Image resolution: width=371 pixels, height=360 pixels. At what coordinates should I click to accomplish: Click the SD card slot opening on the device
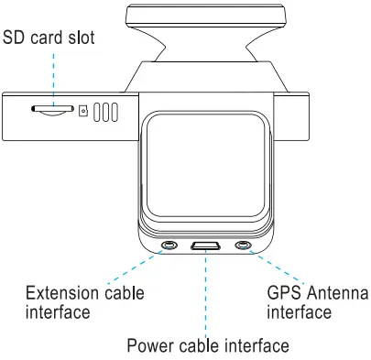(x=52, y=112)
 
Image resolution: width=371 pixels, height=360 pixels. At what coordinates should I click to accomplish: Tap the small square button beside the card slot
(x=83, y=112)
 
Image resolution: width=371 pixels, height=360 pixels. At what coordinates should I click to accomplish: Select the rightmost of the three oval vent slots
(x=115, y=112)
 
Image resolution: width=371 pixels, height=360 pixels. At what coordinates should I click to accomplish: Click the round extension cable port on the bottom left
(x=170, y=245)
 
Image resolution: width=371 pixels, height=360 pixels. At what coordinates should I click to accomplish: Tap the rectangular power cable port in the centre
(x=205, y=245)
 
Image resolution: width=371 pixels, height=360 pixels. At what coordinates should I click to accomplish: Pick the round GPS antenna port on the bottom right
(x=243, y=245)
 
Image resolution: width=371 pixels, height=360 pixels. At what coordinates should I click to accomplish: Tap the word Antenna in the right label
(x=337, y=294)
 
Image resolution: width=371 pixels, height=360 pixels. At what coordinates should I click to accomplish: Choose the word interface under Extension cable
(x=58, y=313)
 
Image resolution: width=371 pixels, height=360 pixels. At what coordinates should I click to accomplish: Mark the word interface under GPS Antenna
(x=299, y=313)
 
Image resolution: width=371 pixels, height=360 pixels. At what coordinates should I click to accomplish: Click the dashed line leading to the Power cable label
(x=205, y=293)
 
